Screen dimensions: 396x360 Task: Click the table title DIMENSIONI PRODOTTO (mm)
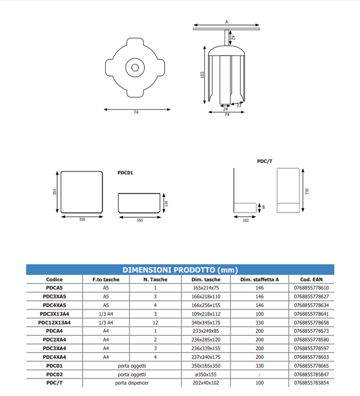[180, 270]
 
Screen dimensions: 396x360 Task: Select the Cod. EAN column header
[311, 279]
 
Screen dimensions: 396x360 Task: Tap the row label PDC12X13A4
[54, 322]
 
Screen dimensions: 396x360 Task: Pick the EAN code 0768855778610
[311, 288]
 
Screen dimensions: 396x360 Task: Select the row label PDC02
[54, 375]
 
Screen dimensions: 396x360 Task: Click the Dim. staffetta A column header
[259, 279]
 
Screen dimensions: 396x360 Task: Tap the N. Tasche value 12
[155, 322]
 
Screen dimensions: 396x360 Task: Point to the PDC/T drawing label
[264, 161]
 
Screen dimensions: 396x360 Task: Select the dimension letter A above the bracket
[226, 21]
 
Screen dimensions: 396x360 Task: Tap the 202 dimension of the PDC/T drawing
[306, 191]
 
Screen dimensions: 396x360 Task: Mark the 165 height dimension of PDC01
[166, 203]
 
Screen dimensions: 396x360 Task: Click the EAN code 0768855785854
[311, 383]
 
